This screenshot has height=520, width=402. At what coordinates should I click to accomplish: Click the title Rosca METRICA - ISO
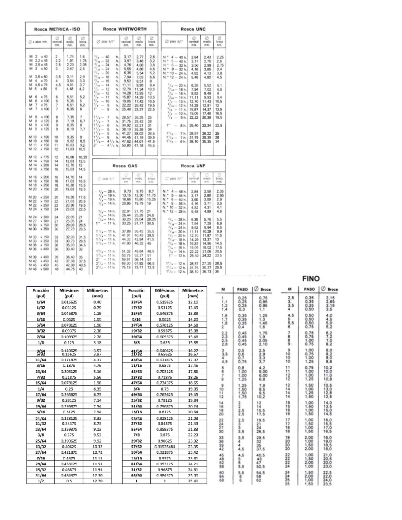coord(57,29)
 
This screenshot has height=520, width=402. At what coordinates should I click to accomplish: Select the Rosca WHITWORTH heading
coord(125,29)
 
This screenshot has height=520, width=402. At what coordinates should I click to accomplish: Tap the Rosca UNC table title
coord(193,29)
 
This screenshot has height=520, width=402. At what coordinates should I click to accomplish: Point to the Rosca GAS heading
coord(125,166)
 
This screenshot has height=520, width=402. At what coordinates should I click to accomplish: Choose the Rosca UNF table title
coord(193,166)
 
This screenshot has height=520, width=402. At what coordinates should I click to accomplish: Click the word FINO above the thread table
coord(311,279)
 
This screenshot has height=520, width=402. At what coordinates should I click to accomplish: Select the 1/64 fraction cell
coord(41,302)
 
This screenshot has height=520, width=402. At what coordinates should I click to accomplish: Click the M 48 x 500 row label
coord(39,269)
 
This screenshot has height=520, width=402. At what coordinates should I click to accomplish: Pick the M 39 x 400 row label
coord(39,257)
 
